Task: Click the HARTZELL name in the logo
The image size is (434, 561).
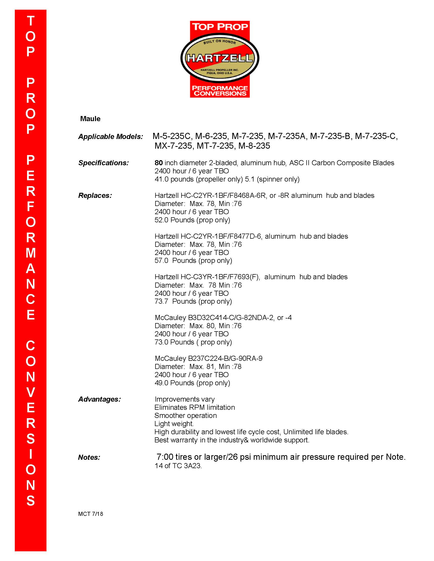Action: (x=220, y=58)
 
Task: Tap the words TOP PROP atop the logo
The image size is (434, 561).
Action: (x=220, y=27)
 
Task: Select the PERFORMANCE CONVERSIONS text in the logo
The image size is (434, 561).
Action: (x=220, y=91)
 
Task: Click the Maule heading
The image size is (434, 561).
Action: (x=90, y=119)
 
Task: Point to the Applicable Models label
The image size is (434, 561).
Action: (x=111, y=136)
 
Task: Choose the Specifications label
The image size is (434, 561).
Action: (x=103, y=163)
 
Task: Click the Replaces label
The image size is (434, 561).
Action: (x=95, y=196)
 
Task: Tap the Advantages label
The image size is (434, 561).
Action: (x=100, y=399)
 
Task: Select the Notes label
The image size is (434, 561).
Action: (x=89, y=457)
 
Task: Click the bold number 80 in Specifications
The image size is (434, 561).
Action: (x=159, y=163)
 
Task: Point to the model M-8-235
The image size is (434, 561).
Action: (x=254, y=146)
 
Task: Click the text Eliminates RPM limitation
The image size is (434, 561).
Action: (x=195, y=407)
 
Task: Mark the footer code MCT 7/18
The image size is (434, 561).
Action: (x=91, y=514)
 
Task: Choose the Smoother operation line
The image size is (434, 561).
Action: (x=186, y=416)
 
